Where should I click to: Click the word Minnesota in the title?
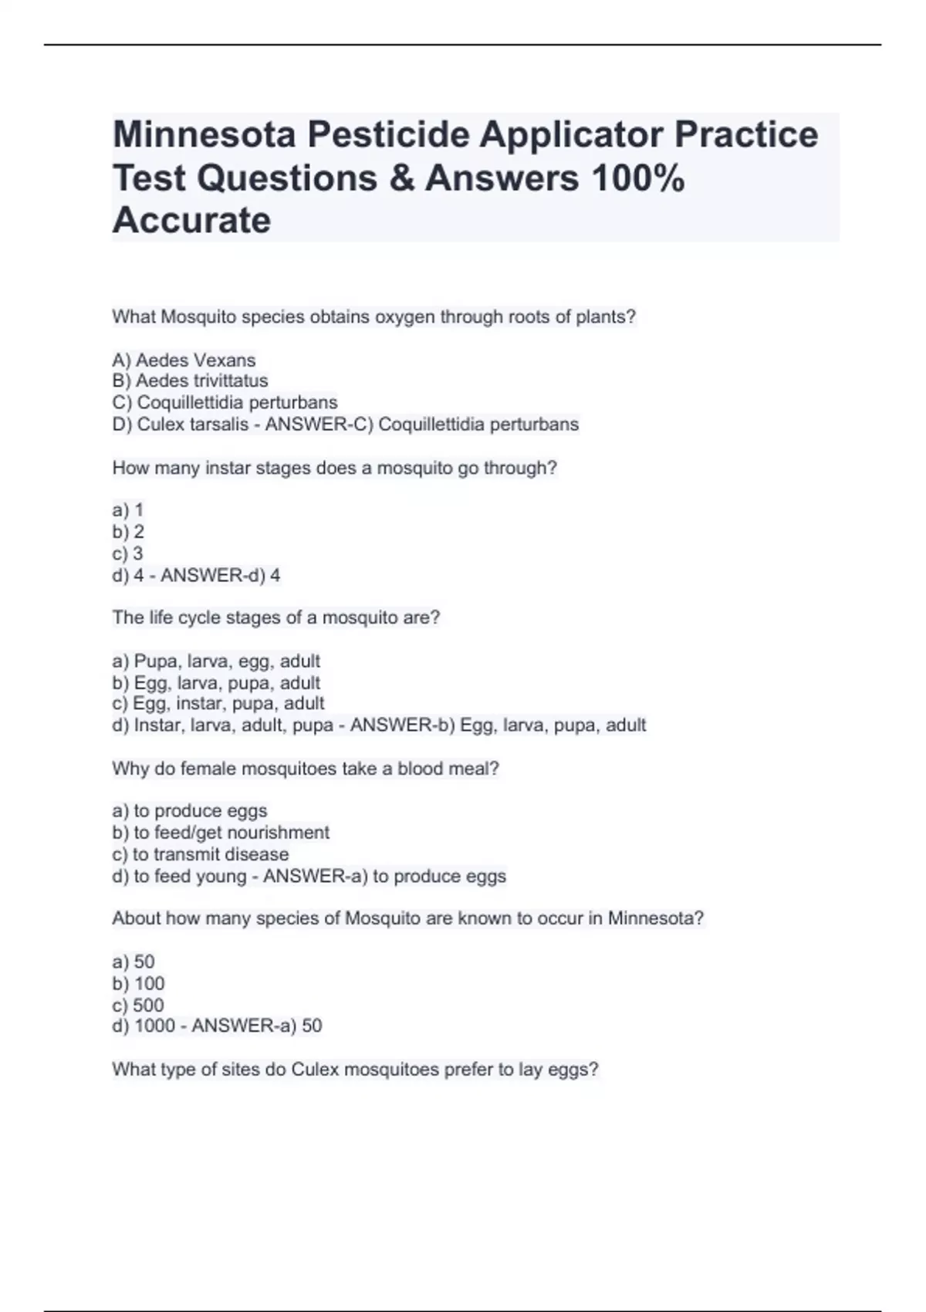pos(204,135)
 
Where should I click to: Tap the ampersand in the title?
pos(401,178)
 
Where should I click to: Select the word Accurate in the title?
pos(191,221)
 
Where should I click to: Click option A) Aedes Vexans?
pos(184,360)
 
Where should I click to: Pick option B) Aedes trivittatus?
pos(190,381)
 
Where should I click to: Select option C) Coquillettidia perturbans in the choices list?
pos(225,403)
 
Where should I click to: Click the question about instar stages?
pos(334,468)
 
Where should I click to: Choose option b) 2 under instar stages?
pos(128,532)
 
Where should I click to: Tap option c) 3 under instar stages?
pos(128,553)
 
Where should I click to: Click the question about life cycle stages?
pos(275,618)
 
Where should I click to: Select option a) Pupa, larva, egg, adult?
pos(216,661)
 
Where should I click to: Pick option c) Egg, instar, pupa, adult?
pos(218,704)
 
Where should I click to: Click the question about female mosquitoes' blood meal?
pos(306,769)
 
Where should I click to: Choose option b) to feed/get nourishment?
pos(221,833)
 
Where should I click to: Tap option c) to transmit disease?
pos(201,854)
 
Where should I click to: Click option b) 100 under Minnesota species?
pos(139,984)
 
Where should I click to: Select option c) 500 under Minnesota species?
pos(138,1005)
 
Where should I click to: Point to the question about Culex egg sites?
pos(355,1070)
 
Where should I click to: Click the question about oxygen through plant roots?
pos(373,317)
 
